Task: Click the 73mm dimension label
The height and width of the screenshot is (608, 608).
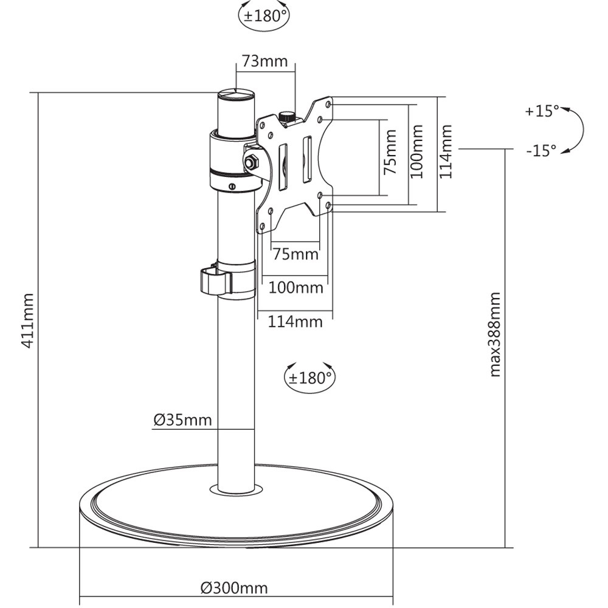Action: [265, 61]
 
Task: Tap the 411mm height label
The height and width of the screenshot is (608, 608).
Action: [27, 320]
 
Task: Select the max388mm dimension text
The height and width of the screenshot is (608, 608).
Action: [495, 334]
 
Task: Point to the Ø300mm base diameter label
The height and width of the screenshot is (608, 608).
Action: [234, 589]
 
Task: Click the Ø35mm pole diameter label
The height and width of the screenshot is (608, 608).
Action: [182, 420]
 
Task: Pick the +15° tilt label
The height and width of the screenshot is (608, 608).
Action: [542, 111]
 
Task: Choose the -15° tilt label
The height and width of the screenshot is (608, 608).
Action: [541, 151]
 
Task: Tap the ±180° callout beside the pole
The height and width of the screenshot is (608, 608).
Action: [309, 378]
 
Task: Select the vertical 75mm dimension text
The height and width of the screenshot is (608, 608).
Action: [390, 153]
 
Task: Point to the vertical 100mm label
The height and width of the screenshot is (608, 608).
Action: [416, 151]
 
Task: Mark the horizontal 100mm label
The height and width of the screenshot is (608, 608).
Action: [295, 287]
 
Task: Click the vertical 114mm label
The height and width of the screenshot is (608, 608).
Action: [447, 151]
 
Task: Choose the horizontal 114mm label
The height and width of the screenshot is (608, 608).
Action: [295, 322]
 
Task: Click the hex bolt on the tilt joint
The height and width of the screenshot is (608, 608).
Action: [251, 162]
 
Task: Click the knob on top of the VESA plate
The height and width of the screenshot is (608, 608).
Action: [286, 116]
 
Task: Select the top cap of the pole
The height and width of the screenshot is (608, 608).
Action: [237, 95]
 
